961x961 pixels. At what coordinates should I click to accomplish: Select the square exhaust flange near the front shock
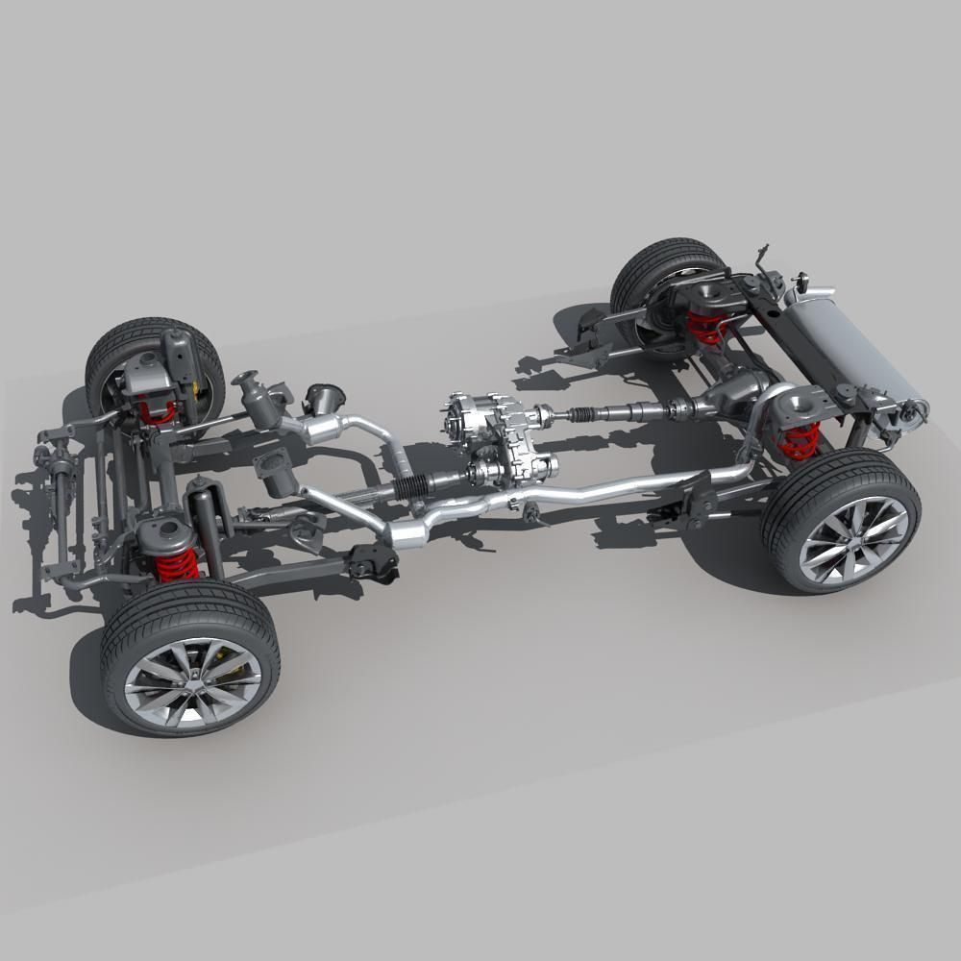pos(275,470)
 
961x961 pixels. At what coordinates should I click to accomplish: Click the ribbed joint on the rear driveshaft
pos(584,415)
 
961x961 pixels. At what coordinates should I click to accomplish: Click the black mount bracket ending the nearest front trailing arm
pos(375,561)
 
